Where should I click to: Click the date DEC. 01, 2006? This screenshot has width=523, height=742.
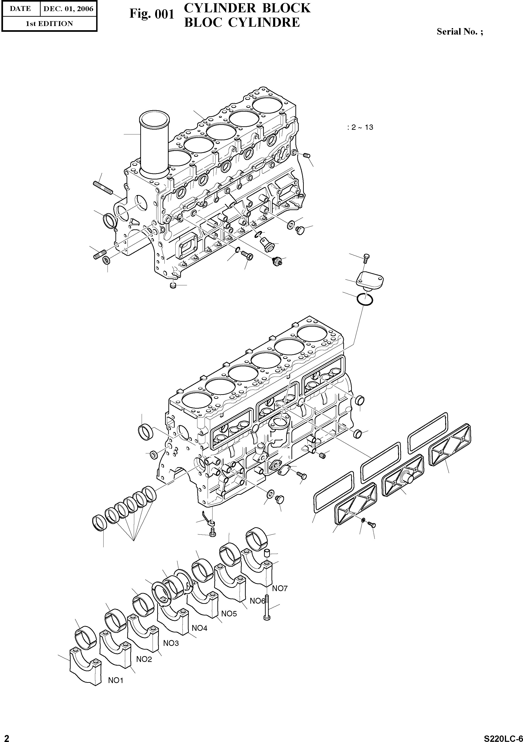point(68,9)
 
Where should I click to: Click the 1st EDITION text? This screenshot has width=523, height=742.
point(49,24)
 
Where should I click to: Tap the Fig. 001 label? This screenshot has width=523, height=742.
point(152,14)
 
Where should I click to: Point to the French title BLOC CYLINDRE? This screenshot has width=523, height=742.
point(242,22)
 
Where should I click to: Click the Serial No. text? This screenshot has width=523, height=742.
point(460,32)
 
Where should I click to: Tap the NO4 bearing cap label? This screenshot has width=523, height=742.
point(199,628)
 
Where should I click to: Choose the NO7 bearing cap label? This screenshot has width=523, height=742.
point(280,589)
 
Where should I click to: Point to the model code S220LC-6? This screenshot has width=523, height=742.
point(503,736)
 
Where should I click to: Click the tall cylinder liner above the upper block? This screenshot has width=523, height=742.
point(154,142)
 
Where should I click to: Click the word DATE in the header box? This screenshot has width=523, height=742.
point(20,9)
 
